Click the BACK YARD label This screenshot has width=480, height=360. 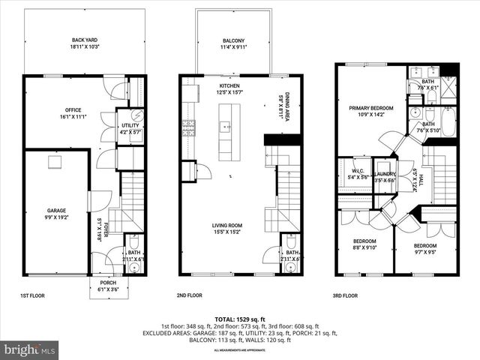85,40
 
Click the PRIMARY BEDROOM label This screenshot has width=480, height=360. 370,108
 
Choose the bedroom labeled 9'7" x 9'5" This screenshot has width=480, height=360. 424,246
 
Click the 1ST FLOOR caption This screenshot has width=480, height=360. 32,295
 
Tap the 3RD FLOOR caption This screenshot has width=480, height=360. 346,295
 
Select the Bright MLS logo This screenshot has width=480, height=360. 30,349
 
